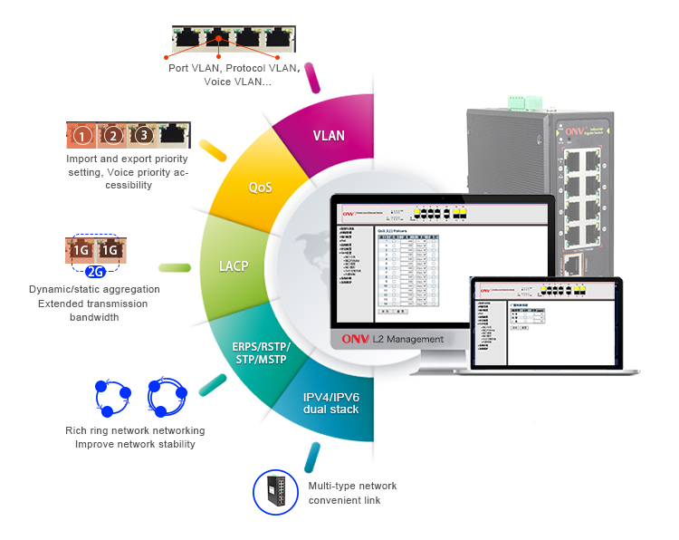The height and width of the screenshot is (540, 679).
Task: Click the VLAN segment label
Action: click(329, 136)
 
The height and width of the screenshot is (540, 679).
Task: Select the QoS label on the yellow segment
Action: click(261, 188)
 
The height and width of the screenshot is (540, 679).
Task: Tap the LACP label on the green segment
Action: click(234, 267)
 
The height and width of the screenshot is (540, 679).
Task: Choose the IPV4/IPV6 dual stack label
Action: click(331, 403)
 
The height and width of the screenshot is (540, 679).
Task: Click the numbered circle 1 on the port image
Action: click(82, 137)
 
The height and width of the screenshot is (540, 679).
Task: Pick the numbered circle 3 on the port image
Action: click(142, 137)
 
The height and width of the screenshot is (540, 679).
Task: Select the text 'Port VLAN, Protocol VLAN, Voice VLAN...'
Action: click(233, 74)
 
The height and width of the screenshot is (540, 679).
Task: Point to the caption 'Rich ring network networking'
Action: click(135, 430)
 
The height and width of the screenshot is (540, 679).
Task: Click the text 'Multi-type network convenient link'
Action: click(352, 493)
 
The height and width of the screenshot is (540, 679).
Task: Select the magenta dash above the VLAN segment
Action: click(313, 76)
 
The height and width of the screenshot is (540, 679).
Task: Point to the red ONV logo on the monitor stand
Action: click(353, 340)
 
